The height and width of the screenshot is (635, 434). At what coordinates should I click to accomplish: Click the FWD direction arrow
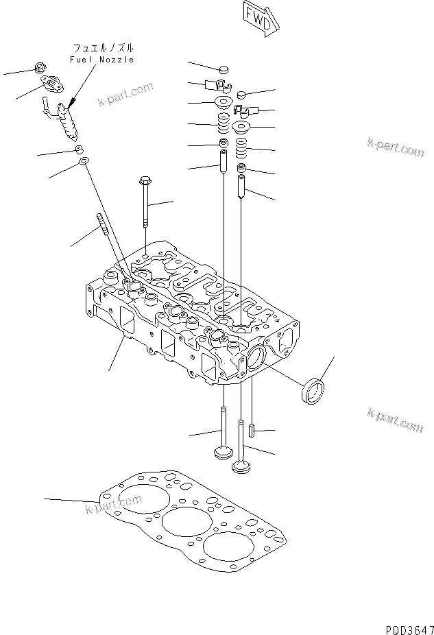tap(261, 19)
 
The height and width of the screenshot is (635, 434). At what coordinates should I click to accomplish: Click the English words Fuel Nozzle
tap(101, 60)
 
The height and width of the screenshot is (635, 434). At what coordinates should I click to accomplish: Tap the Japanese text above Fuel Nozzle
tap(103, 48)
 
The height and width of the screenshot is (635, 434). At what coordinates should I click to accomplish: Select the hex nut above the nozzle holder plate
tap(40, 67)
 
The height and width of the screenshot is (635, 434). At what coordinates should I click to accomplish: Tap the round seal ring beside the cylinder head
tap(313, 391)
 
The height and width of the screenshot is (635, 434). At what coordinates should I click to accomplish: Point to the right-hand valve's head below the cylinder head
tap(241, 466)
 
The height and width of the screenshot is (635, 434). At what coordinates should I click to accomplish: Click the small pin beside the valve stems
tap(252, 430)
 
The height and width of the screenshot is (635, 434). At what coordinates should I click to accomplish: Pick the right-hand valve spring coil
tap(241, 148)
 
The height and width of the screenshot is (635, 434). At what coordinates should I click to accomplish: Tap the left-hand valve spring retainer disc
tap(223, 102)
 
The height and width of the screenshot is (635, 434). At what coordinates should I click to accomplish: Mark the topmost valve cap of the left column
tap(223, 71)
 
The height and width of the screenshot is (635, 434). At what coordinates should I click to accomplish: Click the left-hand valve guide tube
tap(223, 161)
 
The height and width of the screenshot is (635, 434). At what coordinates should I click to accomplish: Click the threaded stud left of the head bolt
tap(103, 224)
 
